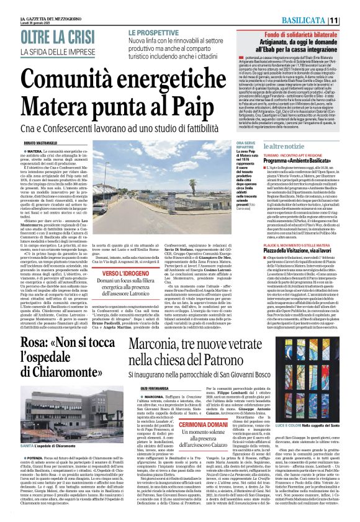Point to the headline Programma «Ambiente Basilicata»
tap(300, 160)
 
